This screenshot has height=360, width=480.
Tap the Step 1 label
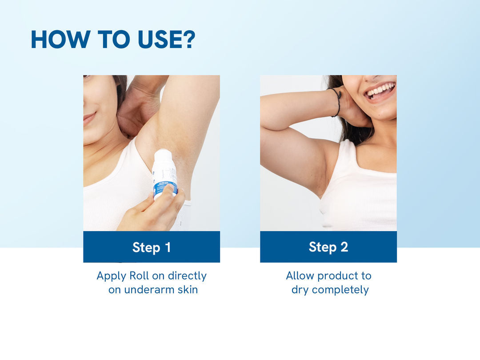(152, 247)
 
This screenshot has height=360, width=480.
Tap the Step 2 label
(328, 247)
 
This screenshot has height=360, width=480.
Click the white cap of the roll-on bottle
(164, 158)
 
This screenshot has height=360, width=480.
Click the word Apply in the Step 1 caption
(112, 276)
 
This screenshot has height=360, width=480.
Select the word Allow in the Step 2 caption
(300, 276)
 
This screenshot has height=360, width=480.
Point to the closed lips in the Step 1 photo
(89, 117)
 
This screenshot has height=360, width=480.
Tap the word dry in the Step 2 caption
(300, 290)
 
